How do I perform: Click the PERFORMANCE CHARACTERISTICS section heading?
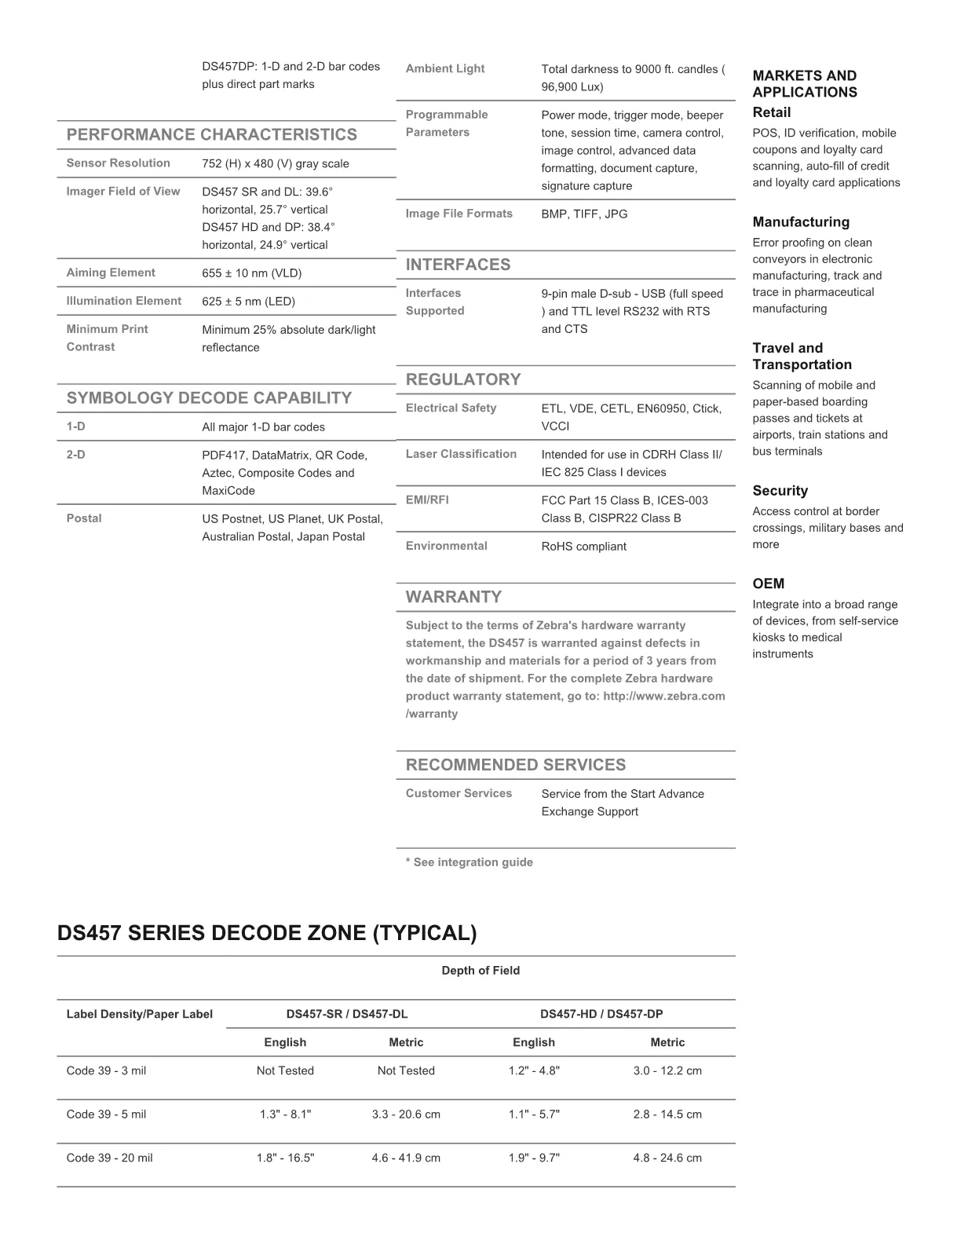click(x=211, y=134)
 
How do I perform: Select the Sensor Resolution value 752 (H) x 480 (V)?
click(x=276, y=163)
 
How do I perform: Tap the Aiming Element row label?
click(x=111, y=273)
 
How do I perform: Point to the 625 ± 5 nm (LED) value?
click(x=248, y=302)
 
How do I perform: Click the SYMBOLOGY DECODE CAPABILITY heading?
click(x=209, y=397)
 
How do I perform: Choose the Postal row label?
click(x=84, y=518)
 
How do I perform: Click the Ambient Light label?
click(x=445, y=68)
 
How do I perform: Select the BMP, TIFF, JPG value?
click(x=584, y=214)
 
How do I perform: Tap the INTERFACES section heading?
click(x=458, y=265)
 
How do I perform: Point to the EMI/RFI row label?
click(x=427, y=499)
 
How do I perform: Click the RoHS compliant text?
click(x=583, y=547)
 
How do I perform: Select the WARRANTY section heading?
click(x=453, y=597)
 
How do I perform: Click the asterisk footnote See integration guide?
click(x=469, y=862)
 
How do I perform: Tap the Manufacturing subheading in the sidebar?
click(x=801, y=222)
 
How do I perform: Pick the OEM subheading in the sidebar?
click(x=768, y=584)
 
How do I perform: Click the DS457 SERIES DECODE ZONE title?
click(x=267, y=933)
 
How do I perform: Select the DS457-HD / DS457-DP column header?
click(x=601, y=1014)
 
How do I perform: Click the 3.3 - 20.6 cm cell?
click(x=406, y=1114)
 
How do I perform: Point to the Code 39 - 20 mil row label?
click(x=110, y=1158)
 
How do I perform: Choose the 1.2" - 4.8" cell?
click(x=534, y=1070)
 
